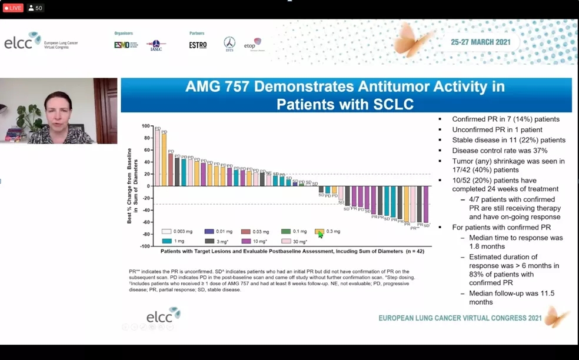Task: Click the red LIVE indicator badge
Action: coord(13,8)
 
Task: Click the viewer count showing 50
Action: coord(36,8)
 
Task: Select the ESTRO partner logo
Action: coord(198,45)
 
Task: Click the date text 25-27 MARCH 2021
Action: coord(480,42)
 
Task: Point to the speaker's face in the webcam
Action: coord(59,109)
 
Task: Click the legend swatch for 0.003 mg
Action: coord(167,232)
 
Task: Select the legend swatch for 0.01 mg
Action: coord(209,232)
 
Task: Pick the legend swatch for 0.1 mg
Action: coord(286,232)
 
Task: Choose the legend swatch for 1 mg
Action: coord(167,241)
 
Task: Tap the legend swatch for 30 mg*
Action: coord(286,241)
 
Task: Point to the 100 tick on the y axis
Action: coord(145,126)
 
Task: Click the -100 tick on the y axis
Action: coord(144,246)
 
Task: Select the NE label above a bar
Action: coord(268,173)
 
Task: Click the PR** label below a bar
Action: coord(415,228)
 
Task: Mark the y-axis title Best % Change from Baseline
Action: coord(130,186)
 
